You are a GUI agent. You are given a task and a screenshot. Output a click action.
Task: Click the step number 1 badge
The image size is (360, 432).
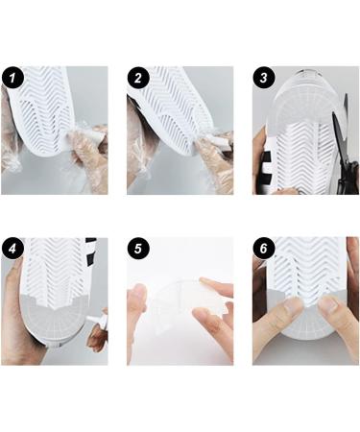coord(12,78)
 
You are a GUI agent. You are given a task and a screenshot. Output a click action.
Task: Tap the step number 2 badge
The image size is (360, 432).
coord(138,78)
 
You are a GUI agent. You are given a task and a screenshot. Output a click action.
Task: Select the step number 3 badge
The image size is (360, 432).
coord(264,78)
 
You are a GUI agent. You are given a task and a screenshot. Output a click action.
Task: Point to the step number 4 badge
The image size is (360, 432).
coord(12,249)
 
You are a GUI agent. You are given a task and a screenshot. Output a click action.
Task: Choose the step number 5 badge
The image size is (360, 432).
coord(138,249)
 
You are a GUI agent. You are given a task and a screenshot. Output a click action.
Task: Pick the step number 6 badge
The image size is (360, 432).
coord(264,249)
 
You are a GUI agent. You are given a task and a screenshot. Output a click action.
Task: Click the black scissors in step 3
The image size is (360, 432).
coord(345,151)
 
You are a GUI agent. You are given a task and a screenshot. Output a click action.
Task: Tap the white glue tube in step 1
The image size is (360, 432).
coord(85,133)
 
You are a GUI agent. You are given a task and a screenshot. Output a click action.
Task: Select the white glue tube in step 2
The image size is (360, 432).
coord(214,140)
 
